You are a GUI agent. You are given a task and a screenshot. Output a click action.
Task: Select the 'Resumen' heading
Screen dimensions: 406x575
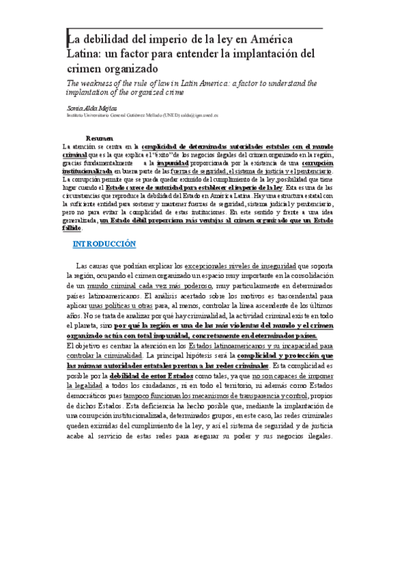click(99, 138)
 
